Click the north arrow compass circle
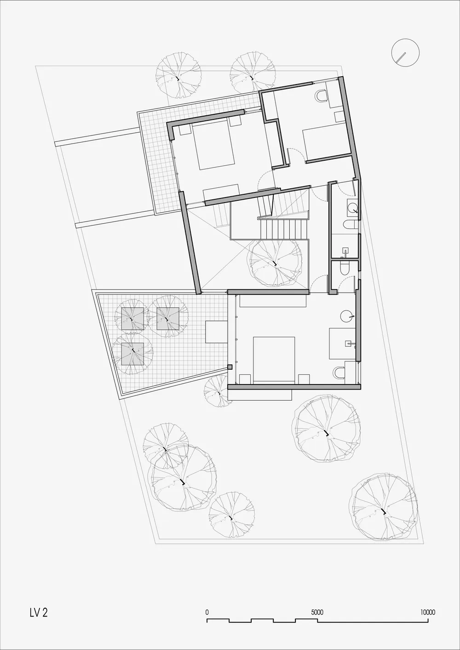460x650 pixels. tap(405, 52)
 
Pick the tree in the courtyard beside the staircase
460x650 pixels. tap(274, 263)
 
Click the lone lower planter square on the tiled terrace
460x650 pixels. tap(132, 354)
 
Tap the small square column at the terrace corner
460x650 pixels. tap(230, 367)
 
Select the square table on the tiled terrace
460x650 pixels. tap(217, 332)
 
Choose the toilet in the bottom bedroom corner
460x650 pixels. tap(339, 373)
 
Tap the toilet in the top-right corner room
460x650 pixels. tap(322, 96)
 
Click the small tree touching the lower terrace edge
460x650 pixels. tap(217, 392)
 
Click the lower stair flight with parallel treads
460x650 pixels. tap(284, 229)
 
